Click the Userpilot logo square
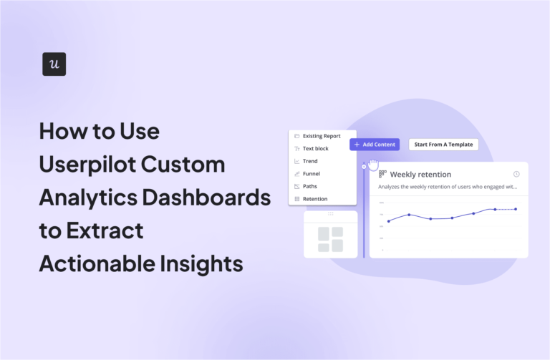click(54, 64)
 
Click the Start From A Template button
click(443, 145)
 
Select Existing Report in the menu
click(321, 136)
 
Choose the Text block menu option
click(315, 149)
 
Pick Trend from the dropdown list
click(310, 161)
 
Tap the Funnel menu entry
click(311, 174)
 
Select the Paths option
click(309, 186)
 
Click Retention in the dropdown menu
click(314, 199)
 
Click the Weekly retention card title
click(420, 175)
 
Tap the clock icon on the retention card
click(516, 174)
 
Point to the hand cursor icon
click(373, 165)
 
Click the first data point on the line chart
click(389, 221)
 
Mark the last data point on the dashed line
click(516, 209)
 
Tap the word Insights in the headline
click(201, 263)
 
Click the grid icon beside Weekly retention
click(382, 174)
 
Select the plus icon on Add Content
click(357, 145)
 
